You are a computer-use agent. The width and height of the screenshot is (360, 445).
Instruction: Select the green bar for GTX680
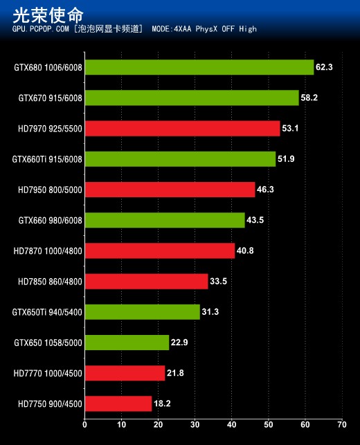point(199,67)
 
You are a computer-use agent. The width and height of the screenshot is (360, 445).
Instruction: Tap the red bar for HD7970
point(182,128)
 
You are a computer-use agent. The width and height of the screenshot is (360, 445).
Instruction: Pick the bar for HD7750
point(118,403)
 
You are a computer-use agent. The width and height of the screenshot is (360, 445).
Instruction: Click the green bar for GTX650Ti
point(142,311)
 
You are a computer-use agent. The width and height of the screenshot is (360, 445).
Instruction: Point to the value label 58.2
point(309,98)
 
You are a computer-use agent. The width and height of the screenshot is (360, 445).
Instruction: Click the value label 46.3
point(265,189)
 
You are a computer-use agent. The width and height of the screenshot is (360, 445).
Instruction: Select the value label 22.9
point(179,343)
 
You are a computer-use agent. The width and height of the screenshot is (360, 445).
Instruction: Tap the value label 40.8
point(245,251)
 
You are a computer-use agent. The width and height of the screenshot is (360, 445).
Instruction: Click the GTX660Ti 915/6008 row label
point(47,159)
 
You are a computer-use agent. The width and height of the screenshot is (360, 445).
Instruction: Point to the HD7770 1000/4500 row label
point(48,374)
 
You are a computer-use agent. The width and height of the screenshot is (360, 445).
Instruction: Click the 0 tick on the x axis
point(84,424)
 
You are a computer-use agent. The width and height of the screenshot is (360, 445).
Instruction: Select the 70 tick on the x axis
point(341,424)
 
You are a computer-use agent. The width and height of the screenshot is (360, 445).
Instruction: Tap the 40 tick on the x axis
point(231,424)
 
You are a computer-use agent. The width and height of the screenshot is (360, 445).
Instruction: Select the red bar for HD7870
point(159,251)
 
